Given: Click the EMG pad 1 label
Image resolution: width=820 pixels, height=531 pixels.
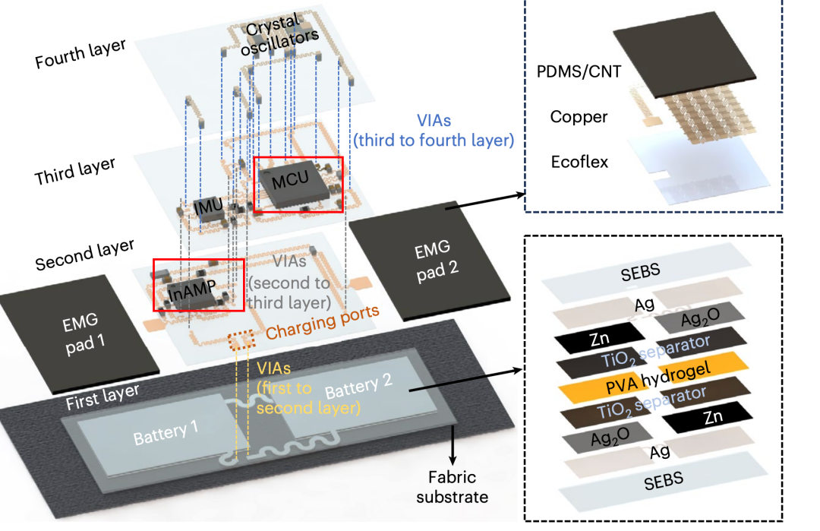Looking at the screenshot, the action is pyautogui.click(x=84, y=333).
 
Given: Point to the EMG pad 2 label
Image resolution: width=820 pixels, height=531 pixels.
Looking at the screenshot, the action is pyautogui.click(x=436, y=261).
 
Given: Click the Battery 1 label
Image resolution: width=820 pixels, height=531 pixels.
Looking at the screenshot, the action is pyautogui.click(x=166, y=433).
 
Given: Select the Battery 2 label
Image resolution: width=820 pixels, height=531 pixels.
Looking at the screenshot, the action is pyautogui.click(x=358, y=386).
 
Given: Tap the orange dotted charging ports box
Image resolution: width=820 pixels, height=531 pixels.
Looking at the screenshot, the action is pyautogui.click(x=242, y=340).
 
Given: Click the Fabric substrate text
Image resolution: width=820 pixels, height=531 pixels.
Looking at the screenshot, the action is pyautogui.click(x=453, y=486).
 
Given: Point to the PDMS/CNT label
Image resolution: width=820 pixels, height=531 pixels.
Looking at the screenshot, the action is pyautogui.click(x=579, y=71).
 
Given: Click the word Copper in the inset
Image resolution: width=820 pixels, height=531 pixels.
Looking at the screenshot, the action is pyautogui.click(x=579, y=117).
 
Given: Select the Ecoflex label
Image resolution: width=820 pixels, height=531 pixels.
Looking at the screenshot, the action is pyautogui.click(x=579, y=162).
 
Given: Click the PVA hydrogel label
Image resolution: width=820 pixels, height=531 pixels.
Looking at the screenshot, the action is pyautogui.click(x=658, y=378).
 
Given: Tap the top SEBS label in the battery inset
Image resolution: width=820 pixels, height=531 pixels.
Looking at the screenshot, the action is pyautogui.click(x=641, y=272).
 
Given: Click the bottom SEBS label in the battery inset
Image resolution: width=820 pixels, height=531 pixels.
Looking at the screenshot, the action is pyautogui.click(x=664, y=481).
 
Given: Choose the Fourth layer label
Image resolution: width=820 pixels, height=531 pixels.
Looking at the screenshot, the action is pyautogui.click(x=80, y=53).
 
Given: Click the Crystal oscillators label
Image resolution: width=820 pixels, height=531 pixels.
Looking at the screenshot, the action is pyautogui.click(x=279, y=34).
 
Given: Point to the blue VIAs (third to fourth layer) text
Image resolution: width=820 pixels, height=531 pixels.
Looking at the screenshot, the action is pyautogui.click(x=434, y=130).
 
